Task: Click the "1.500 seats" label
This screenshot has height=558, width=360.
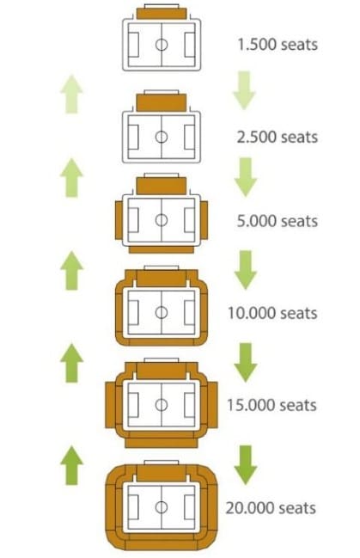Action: [278, 45]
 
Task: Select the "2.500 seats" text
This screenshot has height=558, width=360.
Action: [278, 137]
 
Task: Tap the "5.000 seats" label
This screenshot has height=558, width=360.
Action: [278, 221]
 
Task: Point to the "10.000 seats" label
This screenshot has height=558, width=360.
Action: [272, 313]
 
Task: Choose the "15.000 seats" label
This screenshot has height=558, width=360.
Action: [272, 405]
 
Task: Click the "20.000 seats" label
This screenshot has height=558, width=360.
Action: [271, 508]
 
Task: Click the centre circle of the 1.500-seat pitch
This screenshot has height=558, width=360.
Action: [162, 45]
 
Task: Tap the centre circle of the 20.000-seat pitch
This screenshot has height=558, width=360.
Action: [162, 506]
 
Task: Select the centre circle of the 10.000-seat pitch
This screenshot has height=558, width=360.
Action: [162, 312]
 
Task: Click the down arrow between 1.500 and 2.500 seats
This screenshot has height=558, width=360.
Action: [244, 90]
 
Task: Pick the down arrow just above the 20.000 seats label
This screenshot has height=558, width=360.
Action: [246, 465]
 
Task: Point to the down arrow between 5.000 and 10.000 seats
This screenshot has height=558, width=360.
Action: [246, 270]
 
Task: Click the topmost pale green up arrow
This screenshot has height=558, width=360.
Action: [71, 95]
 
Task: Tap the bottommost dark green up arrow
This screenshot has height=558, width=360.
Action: [72, 465]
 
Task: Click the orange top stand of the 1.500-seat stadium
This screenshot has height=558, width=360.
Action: [162, 14]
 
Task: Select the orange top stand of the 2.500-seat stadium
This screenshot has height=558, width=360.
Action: [162, 102]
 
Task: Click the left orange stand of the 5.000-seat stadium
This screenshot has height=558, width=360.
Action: [119, 220]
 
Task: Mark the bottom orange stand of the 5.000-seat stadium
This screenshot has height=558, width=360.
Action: [162, 250]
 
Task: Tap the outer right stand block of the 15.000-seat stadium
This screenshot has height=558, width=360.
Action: [213, 405]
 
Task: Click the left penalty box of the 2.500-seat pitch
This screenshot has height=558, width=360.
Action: [133, 137]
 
